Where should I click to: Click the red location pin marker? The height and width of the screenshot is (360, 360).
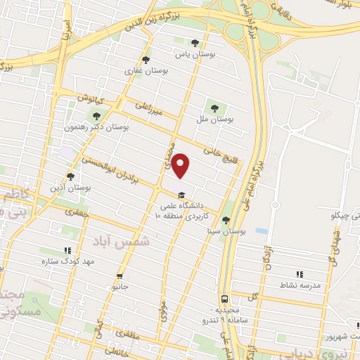tap(181, 166)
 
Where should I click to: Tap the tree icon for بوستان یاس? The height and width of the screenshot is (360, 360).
tap(195, 42)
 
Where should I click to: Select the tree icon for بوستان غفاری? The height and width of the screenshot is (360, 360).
tap(146, 60)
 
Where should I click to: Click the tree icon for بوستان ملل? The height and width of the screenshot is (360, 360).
tap(214, 108)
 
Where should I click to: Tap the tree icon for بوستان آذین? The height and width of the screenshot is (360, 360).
tap(70, 176)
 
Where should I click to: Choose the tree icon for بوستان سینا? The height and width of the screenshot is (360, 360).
tap(226, 219)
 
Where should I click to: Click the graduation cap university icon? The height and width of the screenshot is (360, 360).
tap(181, 195)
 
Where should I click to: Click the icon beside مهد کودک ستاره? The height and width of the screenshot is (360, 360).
tap(67, 250)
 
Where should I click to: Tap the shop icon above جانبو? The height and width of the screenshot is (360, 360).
tap(120, 276)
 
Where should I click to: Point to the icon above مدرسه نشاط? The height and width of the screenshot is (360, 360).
tap(300, 274)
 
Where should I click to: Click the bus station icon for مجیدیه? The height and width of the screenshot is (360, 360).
tap(224, 298)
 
